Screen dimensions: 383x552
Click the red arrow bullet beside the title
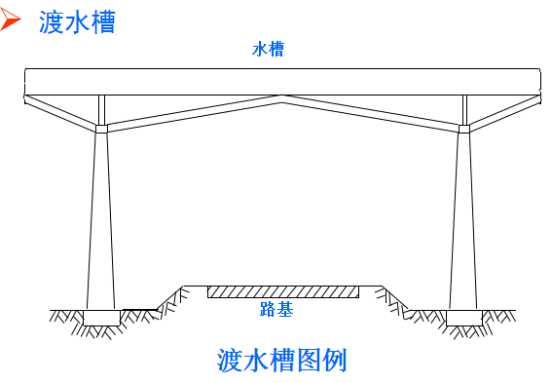12,20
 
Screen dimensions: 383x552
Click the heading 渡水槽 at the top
77,22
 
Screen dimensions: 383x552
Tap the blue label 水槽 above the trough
268,49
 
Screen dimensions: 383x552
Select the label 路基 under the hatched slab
276,310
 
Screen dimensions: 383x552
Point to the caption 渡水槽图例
281,360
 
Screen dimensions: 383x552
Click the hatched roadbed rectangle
282,291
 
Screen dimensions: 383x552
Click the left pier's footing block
101,318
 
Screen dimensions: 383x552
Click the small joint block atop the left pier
101,128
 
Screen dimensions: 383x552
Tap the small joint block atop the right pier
463,128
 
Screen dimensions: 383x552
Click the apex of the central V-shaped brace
282,98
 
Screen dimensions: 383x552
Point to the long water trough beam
282,81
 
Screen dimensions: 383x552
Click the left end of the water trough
29,82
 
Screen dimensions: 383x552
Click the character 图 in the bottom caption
308,360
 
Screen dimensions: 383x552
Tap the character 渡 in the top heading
52,22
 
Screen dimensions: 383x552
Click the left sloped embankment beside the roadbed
170,297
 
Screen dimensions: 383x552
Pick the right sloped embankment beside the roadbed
394,297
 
